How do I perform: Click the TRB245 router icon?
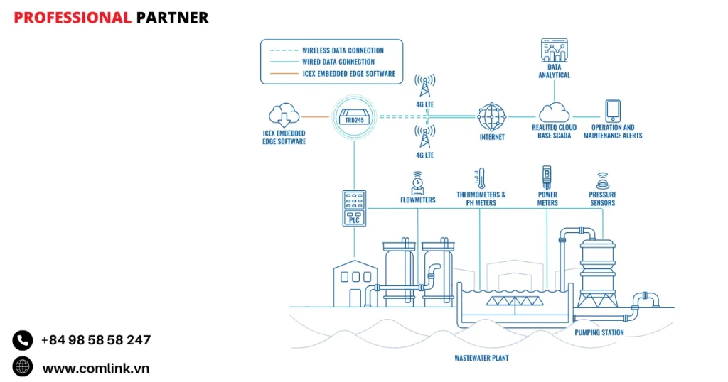[x=353, y=117]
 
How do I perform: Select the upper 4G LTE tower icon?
[x=425, y=87]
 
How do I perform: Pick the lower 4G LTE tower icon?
[x=425, y=136]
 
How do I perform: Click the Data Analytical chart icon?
[x=554, y=53]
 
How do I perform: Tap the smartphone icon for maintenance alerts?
[x=613, y=111]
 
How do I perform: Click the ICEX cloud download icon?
[x=283, y=116]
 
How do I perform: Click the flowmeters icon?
[x=417, y=182]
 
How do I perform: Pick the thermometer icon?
[x=481, y=178]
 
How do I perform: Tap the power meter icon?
[x=547, y=177]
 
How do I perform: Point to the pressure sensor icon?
[x=602, y=180]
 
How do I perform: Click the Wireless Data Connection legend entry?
[x=343, y=50]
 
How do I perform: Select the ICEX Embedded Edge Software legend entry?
[x=348, y=73]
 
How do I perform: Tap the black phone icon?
[x=23, y=340]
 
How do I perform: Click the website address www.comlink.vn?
[x=95, y=368]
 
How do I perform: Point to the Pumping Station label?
[x=599, y=332]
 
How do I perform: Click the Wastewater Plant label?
[x=481, y=358]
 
